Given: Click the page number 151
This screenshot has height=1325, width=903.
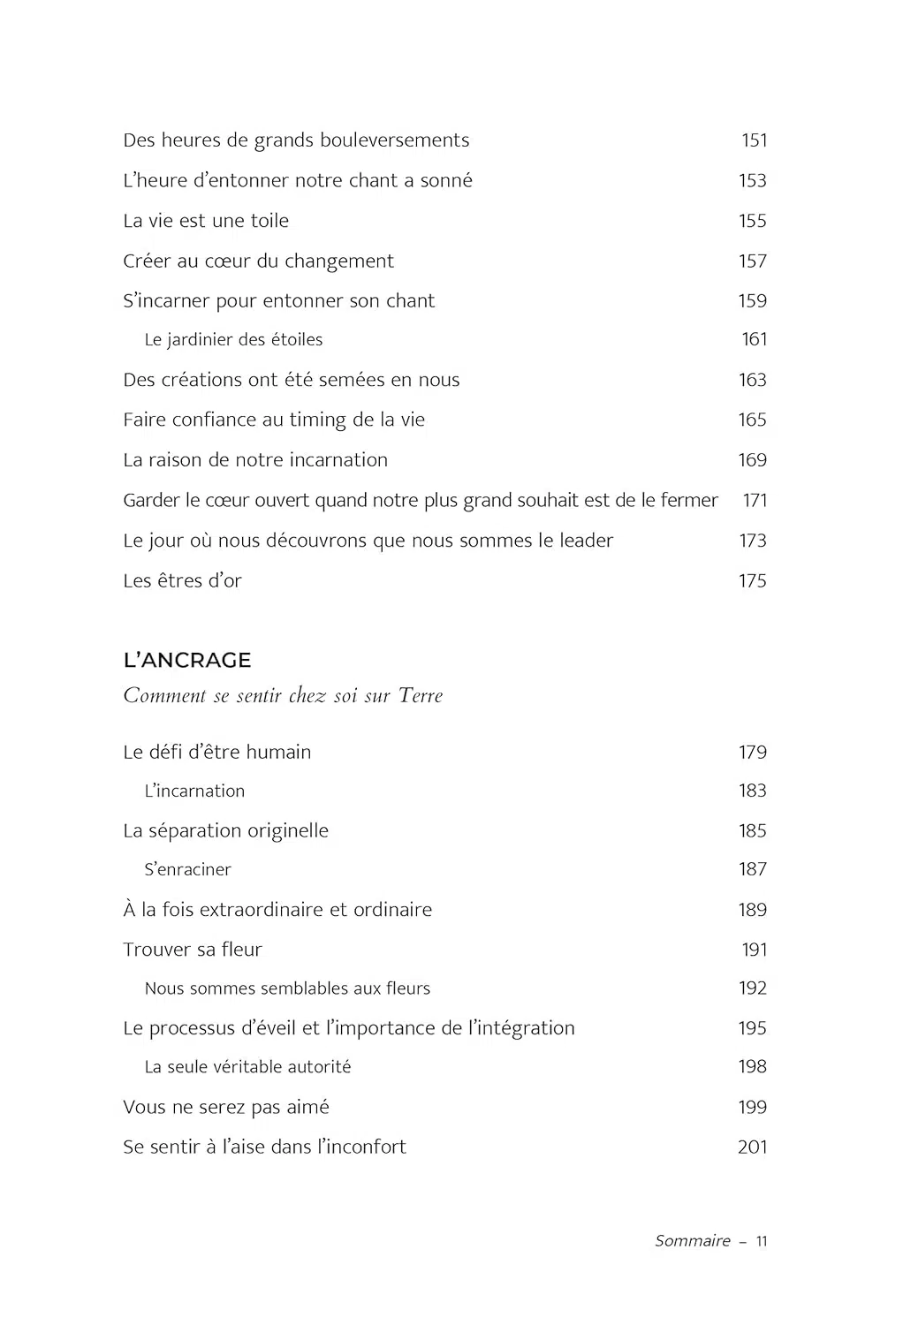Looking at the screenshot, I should (x=754, y=140).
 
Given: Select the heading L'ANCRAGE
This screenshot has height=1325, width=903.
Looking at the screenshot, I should (x=187, y=660).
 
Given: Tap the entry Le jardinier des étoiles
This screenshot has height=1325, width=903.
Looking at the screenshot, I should (x=233, y=340).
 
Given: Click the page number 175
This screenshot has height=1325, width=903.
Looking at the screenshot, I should (x=752, y=581).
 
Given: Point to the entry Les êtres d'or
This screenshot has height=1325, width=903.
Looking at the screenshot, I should (x=182, y=581).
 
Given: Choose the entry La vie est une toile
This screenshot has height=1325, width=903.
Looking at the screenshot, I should (x=206, y=221).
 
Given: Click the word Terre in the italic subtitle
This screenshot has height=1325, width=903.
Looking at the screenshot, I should (x=421, y=696).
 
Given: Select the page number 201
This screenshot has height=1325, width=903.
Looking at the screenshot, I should (x=752, y=1147).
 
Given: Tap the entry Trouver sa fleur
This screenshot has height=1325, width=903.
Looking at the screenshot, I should (x=193, y=950).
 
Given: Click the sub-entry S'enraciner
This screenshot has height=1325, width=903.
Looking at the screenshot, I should (x=187, y=870).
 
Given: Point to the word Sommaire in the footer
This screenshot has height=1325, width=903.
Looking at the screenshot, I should (x=693, y=1241).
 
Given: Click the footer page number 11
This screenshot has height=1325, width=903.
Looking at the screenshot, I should (x=762, y=1241).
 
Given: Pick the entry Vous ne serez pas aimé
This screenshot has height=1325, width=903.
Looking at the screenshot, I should (x=226, y=1108).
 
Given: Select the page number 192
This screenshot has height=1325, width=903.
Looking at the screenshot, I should (x=752, y=988).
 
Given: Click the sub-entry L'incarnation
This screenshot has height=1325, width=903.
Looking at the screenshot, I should (x=194, y=791).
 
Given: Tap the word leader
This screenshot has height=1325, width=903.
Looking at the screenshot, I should (x=586, y=541).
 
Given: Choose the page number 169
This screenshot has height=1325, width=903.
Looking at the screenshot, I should (x=752, y=460).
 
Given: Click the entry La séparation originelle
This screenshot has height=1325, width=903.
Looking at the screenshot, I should (x=225, y=831).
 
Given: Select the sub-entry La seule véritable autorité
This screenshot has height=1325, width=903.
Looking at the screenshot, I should (x=247, y=1067).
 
